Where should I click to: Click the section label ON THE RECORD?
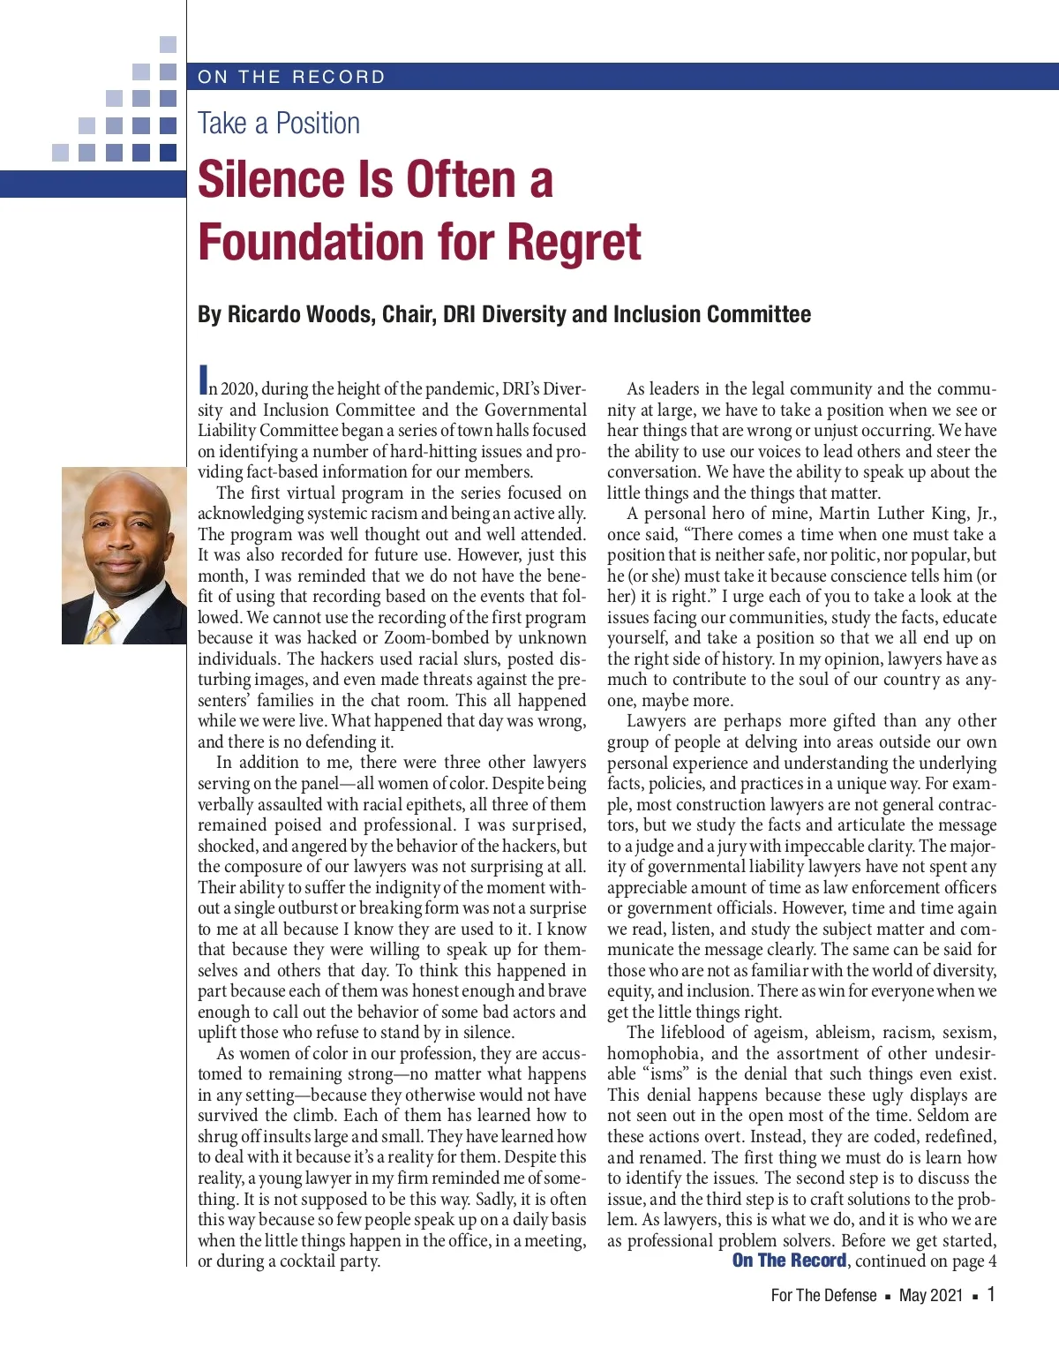[x=291, y=77]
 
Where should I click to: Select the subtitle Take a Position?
[x=279, y=124]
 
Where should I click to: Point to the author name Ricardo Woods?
[x=299, y=315]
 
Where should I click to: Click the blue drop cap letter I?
[x=203, y=380]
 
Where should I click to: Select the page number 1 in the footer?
[x=991, y=1294]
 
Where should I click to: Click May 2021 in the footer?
[x=930, y=1295]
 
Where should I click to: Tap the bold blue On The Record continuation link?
[x=789, y=1261]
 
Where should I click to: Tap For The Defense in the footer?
[x=823, y=1295]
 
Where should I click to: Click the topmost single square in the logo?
[x=168, y=44]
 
